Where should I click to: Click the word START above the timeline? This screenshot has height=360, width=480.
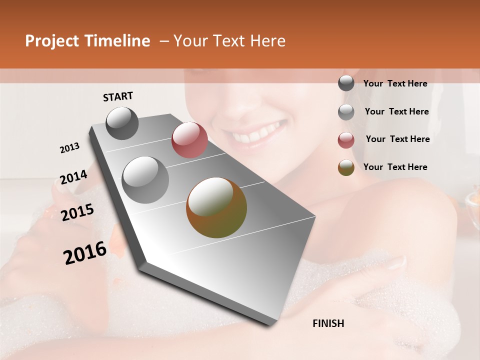click(118, 96)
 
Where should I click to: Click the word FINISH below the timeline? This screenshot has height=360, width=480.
click(328, 323)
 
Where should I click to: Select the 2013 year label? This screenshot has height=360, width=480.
click(69, 148)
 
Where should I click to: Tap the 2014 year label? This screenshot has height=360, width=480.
click(73, 177)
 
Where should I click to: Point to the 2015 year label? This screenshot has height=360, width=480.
click(77, 212)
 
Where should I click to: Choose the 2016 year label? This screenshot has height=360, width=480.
click(85, 253)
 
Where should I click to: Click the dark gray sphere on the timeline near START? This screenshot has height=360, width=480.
click(122, 123)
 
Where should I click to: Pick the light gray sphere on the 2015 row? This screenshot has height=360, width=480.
click(145, 180)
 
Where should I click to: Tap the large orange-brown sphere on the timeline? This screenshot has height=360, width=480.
click(216, 207)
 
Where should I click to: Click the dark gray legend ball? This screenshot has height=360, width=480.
click(346, 83)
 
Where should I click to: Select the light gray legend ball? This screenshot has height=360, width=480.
click(346, 112)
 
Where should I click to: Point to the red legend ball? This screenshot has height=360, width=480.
click(346, 140)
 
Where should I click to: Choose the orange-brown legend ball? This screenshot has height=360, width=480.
click(346, 167)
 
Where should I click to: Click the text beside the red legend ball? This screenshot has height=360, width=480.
click(397, 139)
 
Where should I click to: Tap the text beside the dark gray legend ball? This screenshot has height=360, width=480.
click(395, 83)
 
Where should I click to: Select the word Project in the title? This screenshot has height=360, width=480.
click(51, 41)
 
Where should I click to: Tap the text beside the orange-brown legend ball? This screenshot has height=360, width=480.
click(395, 167)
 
